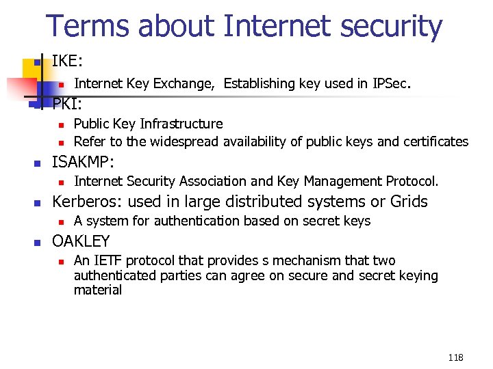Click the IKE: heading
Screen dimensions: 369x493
(x=67, y=61)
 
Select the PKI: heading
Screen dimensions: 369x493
(x=67, y=105)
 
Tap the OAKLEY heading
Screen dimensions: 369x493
(x=81, y=241)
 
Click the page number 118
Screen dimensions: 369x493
(x=455, y=357)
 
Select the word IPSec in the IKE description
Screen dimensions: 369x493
(x=390, y=84)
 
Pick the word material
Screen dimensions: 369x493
(x=98, y=290)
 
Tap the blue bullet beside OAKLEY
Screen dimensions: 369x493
(x=38, y=243)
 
